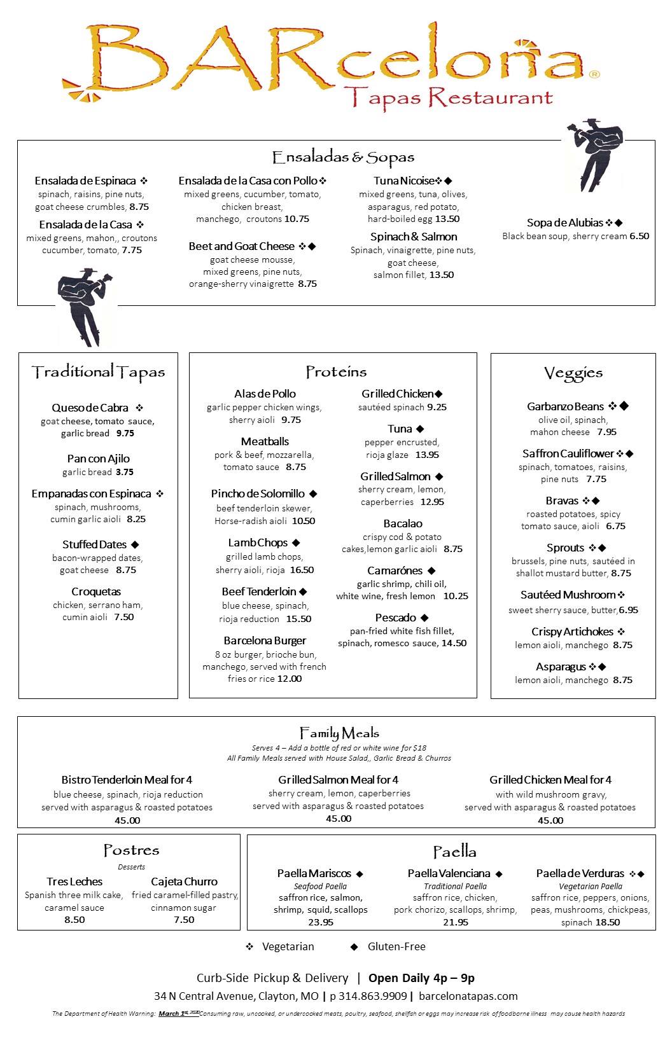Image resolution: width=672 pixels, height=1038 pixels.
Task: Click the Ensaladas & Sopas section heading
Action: point(343,157)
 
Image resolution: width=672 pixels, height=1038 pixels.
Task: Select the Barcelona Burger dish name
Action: point(265,640)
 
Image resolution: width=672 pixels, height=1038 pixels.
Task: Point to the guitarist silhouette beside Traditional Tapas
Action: point(85,305)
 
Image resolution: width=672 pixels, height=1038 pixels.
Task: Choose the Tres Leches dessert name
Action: point(74,882)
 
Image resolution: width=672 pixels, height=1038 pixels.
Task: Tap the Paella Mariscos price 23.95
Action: point(321,922)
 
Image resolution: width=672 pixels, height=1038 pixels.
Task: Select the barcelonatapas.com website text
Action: point(469,996)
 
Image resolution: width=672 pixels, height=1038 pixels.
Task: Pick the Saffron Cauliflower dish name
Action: point(568,453)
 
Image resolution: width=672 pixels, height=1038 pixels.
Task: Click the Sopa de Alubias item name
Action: point(564,223)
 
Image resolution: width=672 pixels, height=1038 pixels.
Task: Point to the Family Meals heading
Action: point(339,733)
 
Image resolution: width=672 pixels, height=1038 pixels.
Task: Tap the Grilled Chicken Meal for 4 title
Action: point(550,780)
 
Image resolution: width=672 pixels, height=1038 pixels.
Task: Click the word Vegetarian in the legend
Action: point(288,946)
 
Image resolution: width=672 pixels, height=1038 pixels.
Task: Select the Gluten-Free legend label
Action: point(396,946)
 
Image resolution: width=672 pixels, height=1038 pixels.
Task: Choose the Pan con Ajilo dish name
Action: point(98,459)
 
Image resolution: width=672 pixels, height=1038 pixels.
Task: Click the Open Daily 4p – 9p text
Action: point(421,978)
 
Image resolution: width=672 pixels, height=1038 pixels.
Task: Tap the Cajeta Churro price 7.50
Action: point(184,920)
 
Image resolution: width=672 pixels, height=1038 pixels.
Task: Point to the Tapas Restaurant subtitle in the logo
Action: point(447,97)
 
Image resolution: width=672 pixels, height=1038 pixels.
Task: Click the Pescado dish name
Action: point(395,618)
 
